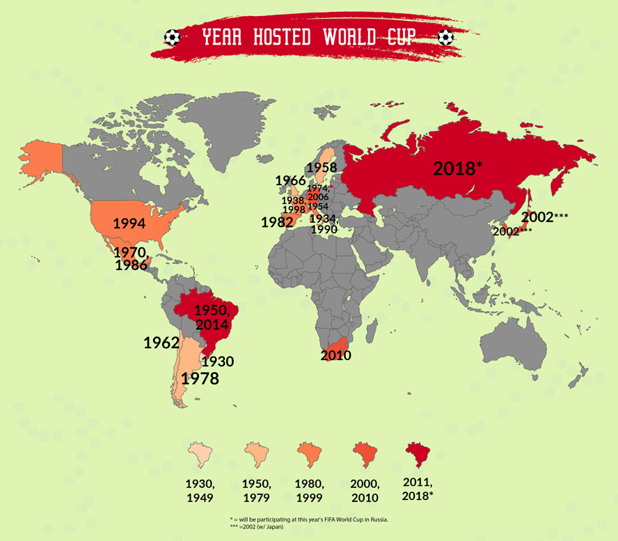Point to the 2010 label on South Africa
336,355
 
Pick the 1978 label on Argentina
200,379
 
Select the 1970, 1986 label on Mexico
131,258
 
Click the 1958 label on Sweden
320,167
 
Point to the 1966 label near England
290,181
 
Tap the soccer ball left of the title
172,36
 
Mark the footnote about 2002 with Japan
258,527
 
